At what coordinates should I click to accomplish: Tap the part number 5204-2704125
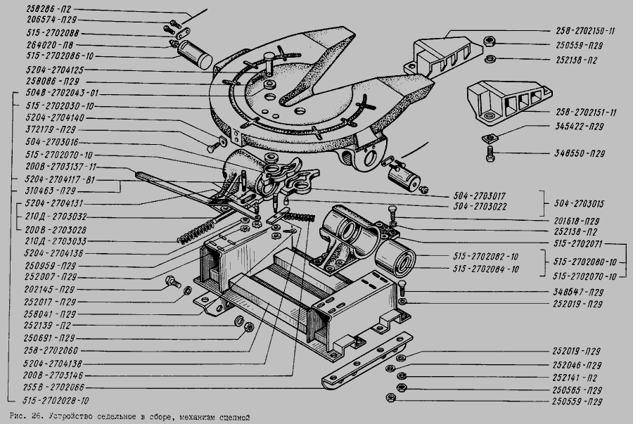click(x=53, y=70)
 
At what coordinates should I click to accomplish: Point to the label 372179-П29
click(x=49, y=130)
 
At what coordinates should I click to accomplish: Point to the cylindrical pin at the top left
click(x=195, y=53)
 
